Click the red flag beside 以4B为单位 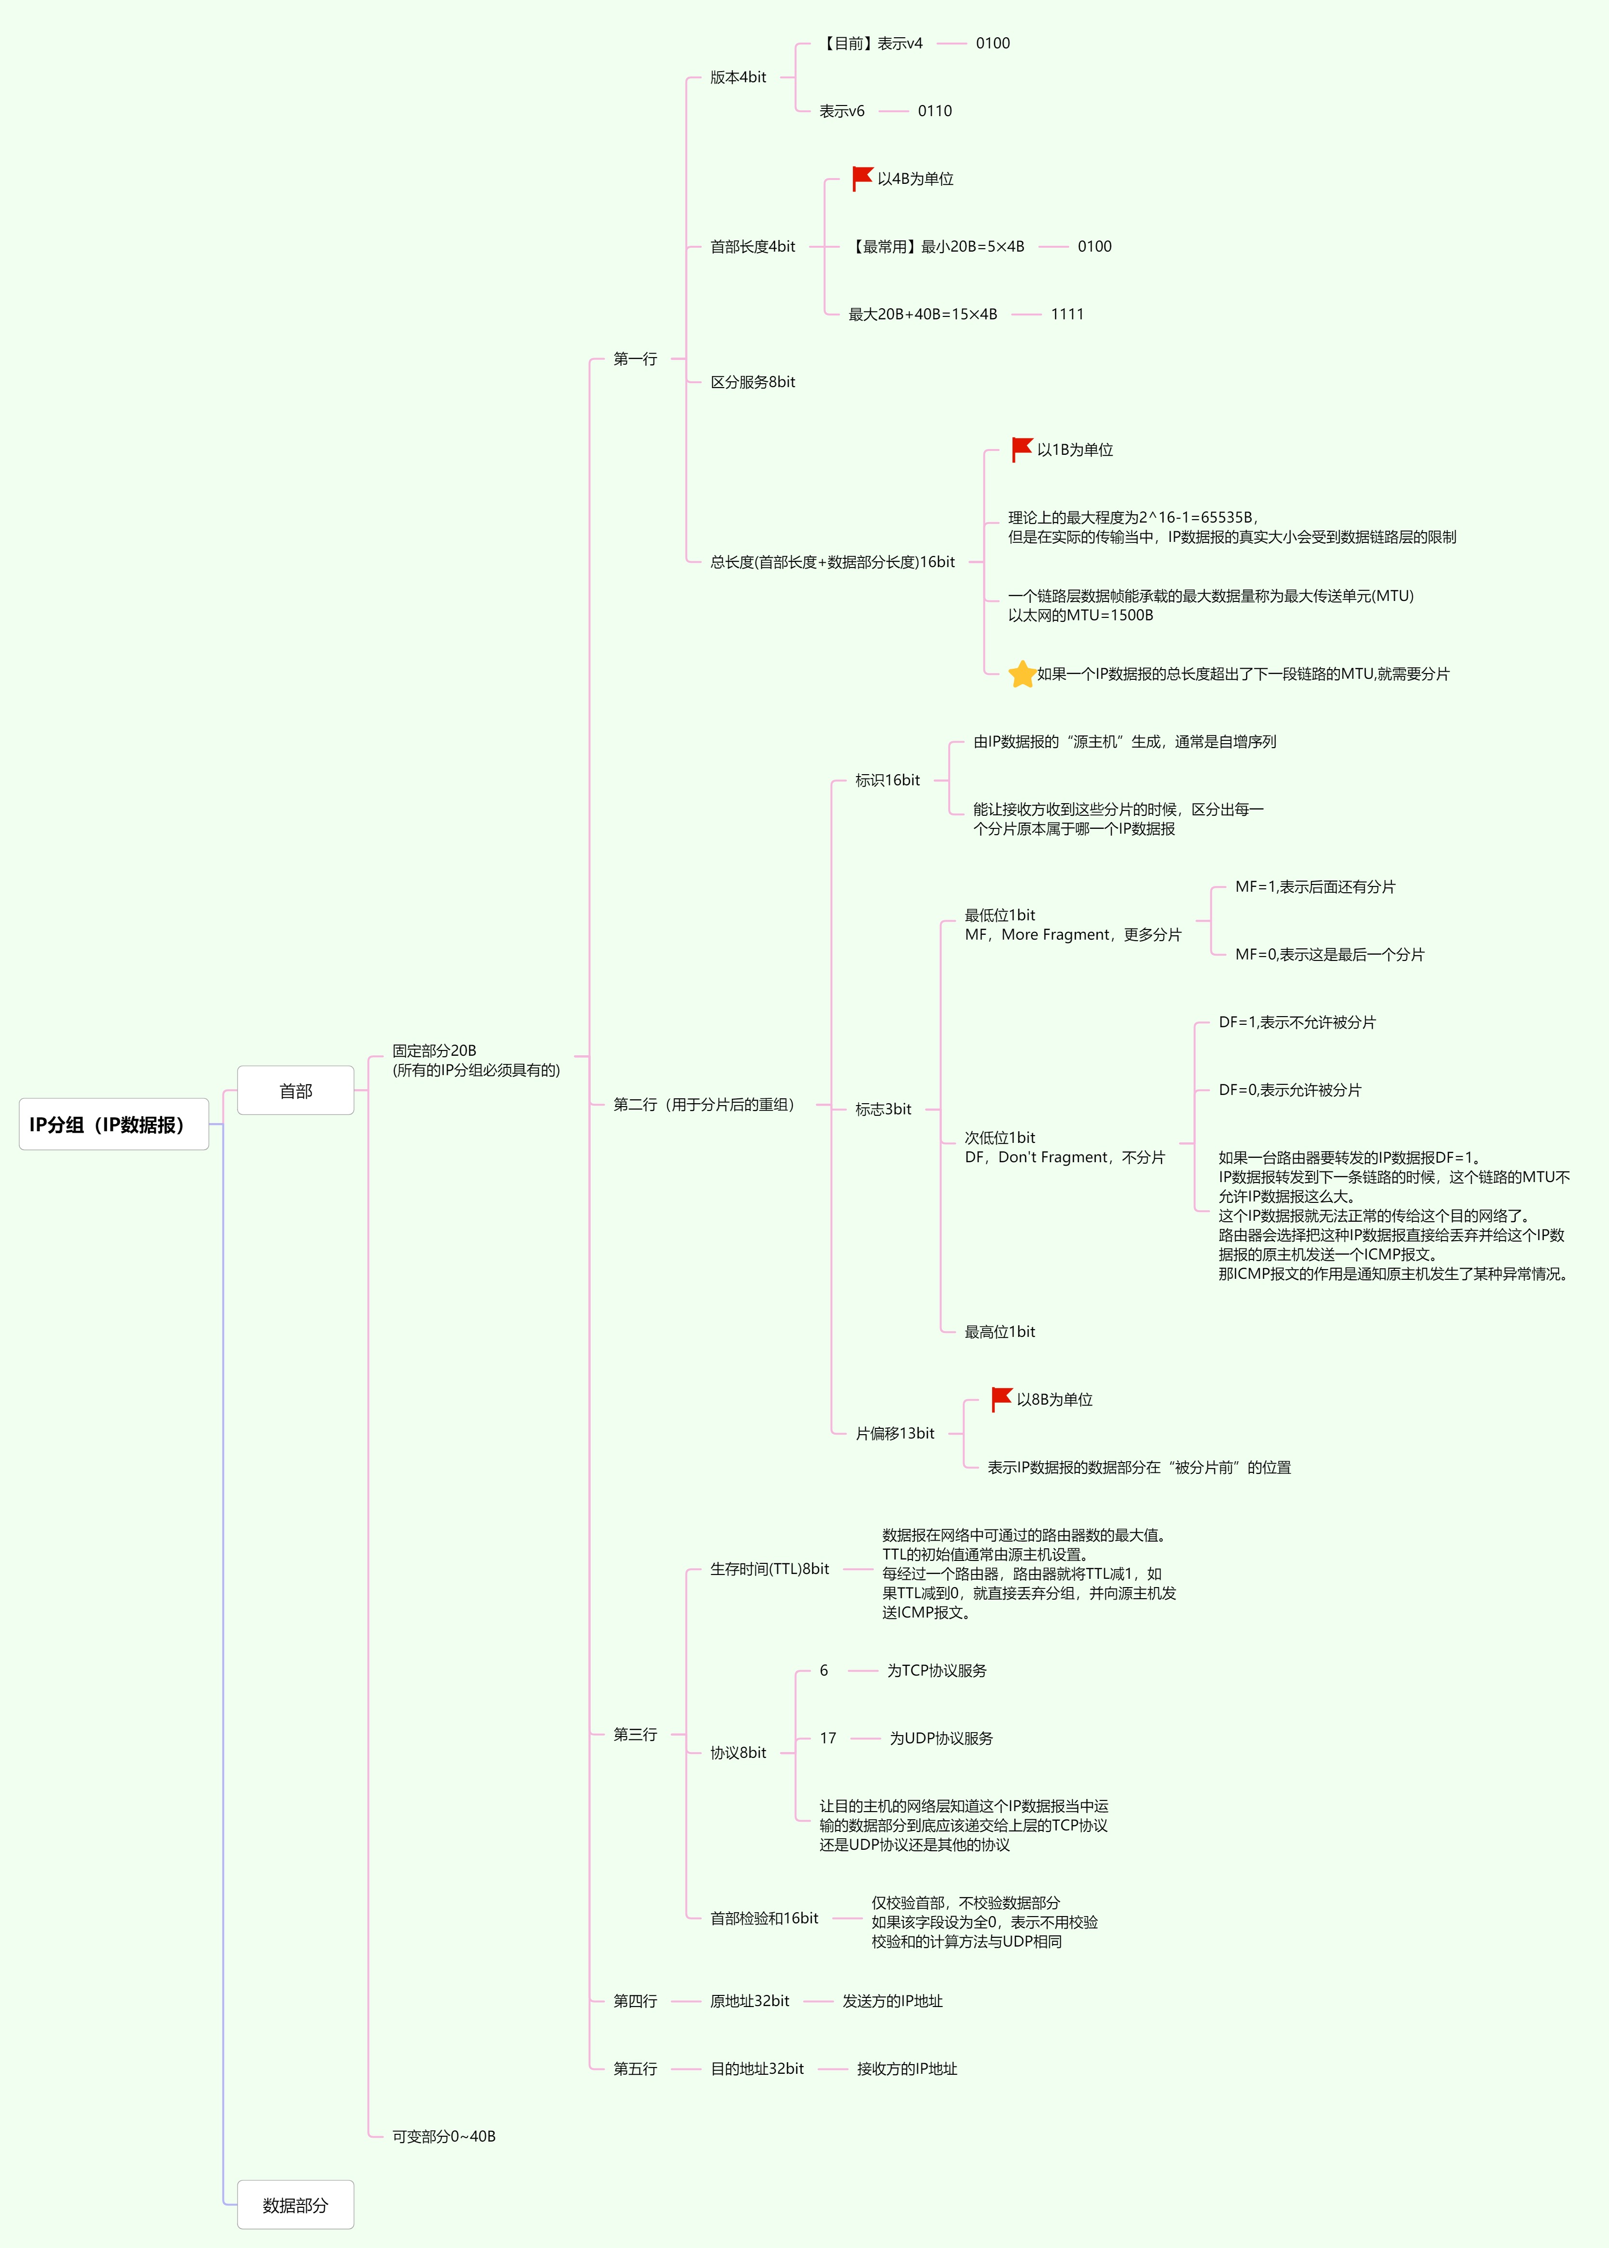tap(862, 179)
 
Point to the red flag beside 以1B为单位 tap(1022, 449)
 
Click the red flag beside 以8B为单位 tap(1002, 1399)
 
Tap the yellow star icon tap(1022, 674)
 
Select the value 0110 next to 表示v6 tap(934, 111)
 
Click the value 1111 tap(1067, 314)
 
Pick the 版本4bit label tap(738, 77)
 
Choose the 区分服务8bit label tap(752, 381)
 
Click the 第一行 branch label tap(635, 359)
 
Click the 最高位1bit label tap(999, 1332)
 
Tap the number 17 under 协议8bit tap(827, 1738)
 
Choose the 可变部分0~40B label tap(444, 2136)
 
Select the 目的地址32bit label tap(757, 2068)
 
